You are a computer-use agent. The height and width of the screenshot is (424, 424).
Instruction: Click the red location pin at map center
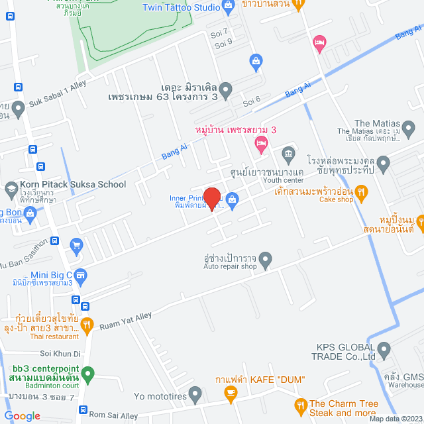[x=211, y=198]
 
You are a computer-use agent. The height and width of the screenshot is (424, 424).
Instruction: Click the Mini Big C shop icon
[x=80, y=274]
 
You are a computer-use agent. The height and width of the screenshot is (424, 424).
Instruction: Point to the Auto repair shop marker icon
[x=266, y=258]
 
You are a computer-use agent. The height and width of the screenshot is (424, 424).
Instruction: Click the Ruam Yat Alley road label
[x=126, y=321]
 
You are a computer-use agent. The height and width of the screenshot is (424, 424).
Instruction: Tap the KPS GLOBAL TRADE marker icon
[x=384, y=348]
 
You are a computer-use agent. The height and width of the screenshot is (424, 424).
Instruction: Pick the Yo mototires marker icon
[x=195, y=396]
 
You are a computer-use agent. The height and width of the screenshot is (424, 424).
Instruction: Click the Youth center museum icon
[x=288, y=156]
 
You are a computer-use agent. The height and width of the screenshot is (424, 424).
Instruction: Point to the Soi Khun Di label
[x=60, y=353]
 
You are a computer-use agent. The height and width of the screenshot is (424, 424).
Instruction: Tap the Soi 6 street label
[x=252, y=101]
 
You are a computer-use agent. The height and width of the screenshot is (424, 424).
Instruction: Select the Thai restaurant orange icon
[x=87, y=324]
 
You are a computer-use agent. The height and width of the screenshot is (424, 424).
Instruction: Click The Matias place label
[x=377, y=124]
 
